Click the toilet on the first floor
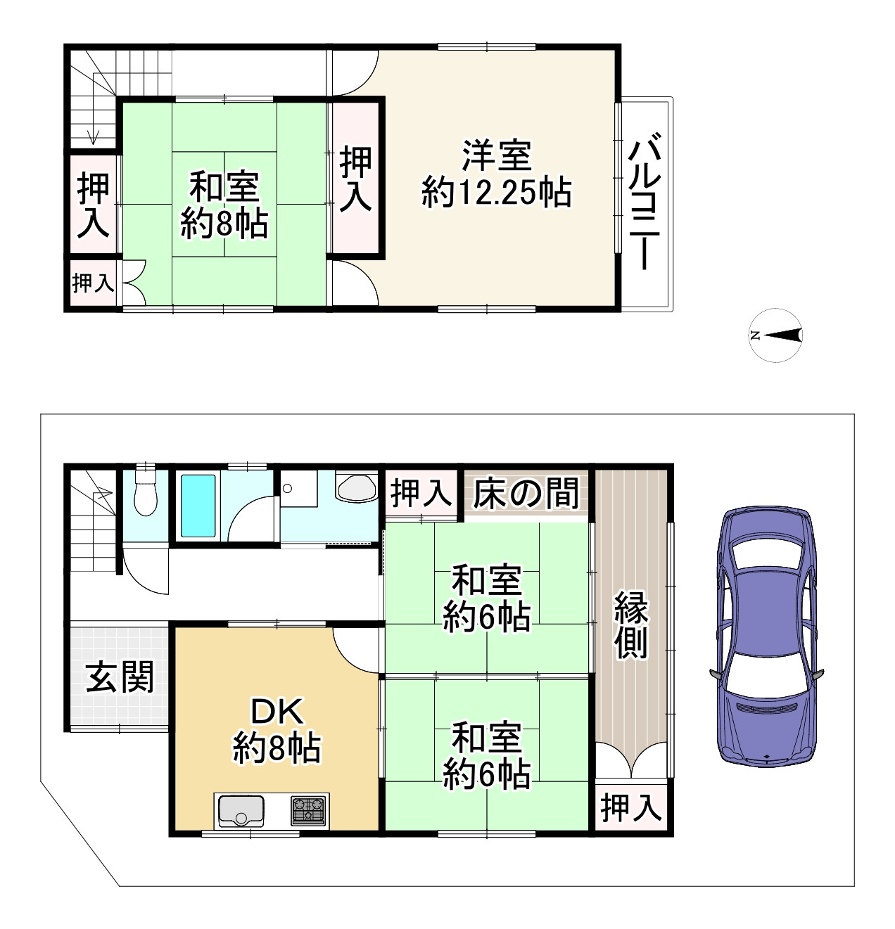146,492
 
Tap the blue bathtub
198,506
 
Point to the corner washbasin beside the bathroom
357,486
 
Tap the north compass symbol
775,335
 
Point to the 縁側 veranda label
631,625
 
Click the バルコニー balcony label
645,201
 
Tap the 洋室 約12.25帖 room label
496,174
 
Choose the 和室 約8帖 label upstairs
224,205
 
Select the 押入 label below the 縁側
631,808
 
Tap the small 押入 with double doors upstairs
93,283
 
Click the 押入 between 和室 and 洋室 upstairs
356,179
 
